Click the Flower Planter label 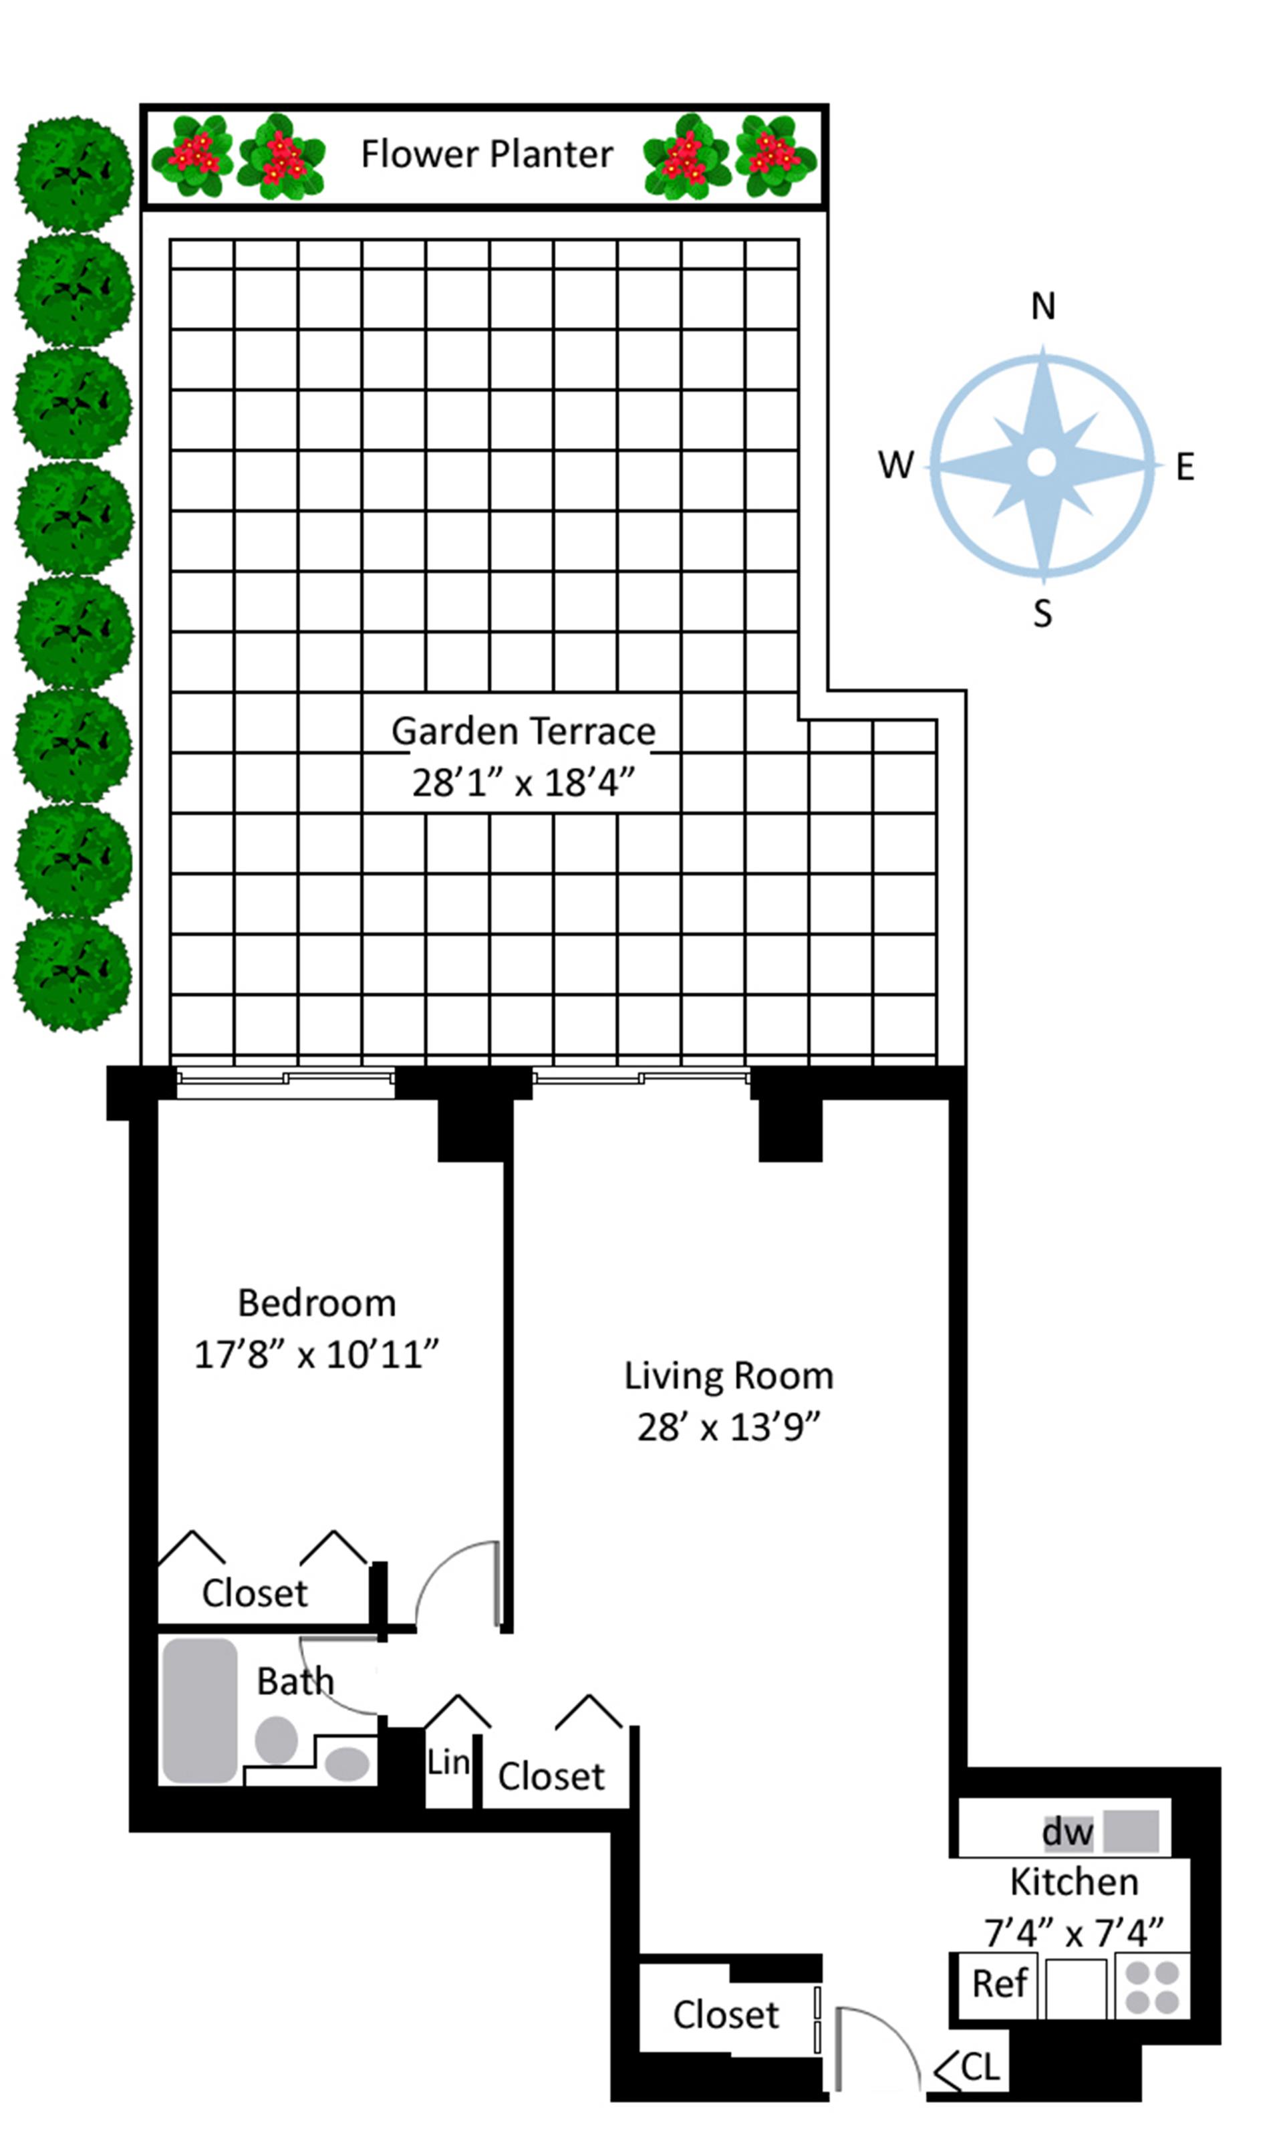(486, 154)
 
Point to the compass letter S (1042, 613)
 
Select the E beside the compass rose (1185, 467)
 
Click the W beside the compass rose (895, 465)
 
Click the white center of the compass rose (1042, 463)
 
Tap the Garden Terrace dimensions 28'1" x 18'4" (523, 783)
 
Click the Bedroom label (317, 1303)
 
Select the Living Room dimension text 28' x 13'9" (728, 1427)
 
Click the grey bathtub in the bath (200, 1710)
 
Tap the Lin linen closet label (448, 1762)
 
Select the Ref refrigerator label (1000, 1983)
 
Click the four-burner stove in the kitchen (1153, 1987)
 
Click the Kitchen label (1074, 1882)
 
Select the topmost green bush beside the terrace (74, 173)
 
